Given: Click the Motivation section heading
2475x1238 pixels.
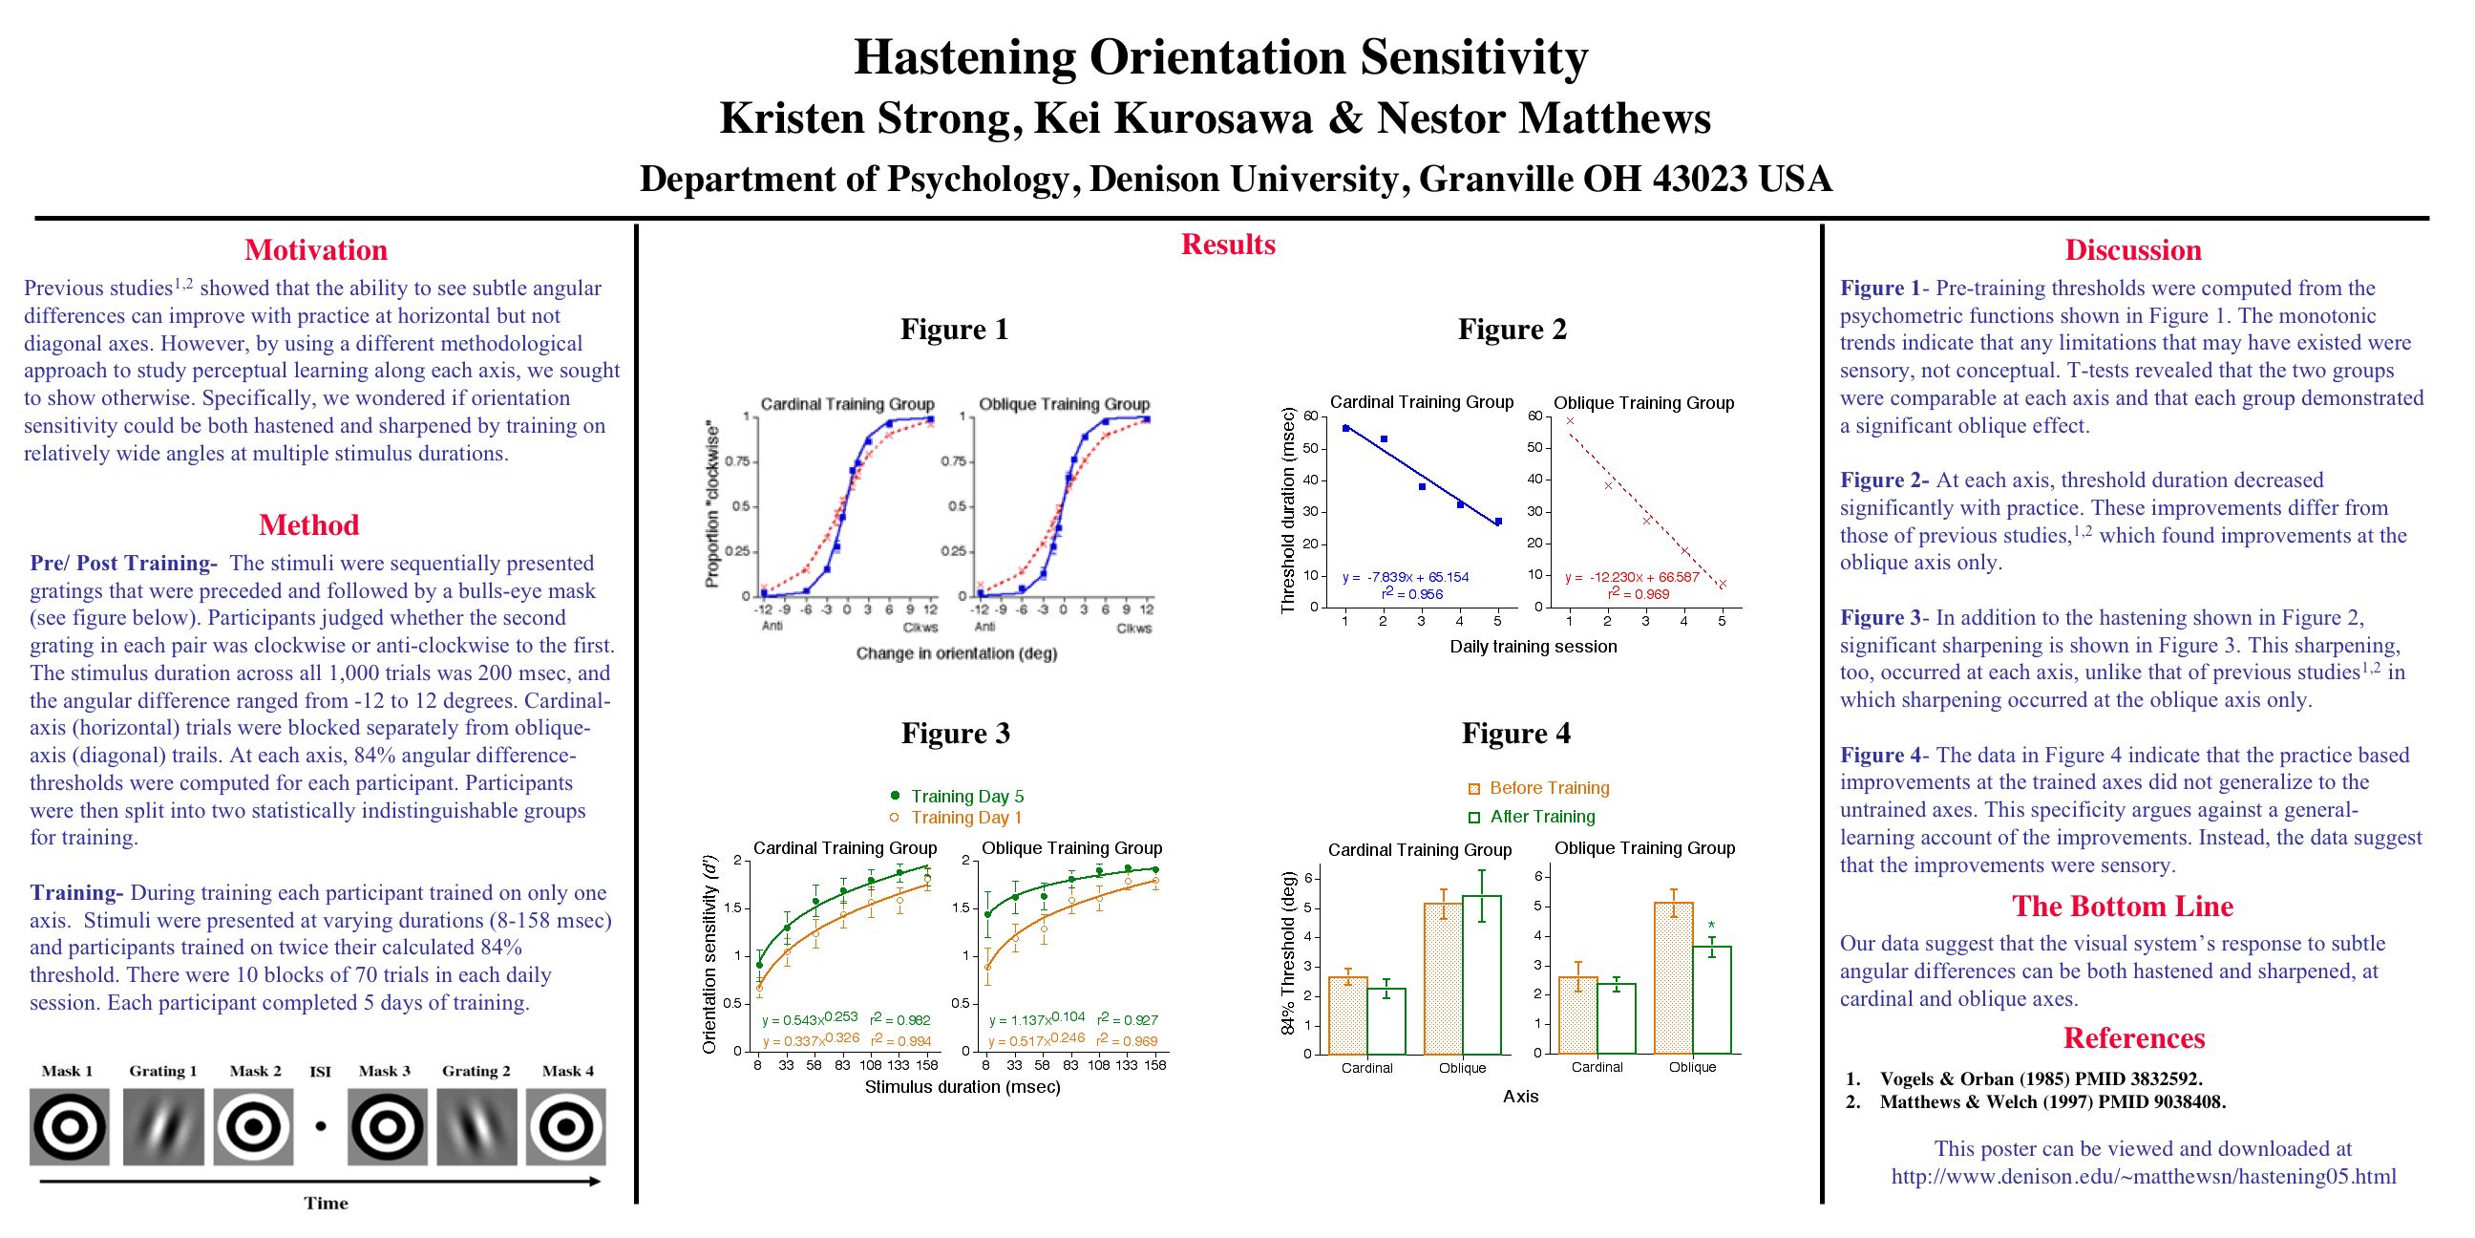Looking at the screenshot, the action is coord(315,250).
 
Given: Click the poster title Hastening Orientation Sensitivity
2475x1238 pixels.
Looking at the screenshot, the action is coord(1220,56).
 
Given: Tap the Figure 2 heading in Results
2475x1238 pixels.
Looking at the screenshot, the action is coord(1512,330).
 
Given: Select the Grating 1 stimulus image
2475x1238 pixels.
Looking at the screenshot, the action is coord(162,1126).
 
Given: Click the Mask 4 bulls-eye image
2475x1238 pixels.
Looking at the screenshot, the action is coord(567,1126).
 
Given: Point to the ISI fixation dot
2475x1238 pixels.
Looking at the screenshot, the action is coord(320,1126).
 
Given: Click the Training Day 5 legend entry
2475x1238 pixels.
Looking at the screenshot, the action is coord(957,796).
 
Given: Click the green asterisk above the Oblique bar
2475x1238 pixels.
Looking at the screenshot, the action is coord(1711,927).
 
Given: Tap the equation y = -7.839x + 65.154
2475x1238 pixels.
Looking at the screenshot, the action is coord(1406,578).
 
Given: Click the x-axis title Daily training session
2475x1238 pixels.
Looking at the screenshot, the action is coord(1534,647).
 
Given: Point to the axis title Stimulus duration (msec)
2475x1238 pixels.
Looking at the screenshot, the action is coord(962,1087).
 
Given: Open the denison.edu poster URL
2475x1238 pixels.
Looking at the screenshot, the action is coord(2144,1177).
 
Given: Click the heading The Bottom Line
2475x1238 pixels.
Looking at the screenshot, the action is coord(2123,907).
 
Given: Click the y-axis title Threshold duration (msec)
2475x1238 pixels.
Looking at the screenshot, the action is coord(1288,510).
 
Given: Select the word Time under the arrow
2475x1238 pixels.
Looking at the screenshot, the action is coord(326,1204).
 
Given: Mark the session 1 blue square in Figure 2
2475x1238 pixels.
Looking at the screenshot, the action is coord(1345,428).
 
